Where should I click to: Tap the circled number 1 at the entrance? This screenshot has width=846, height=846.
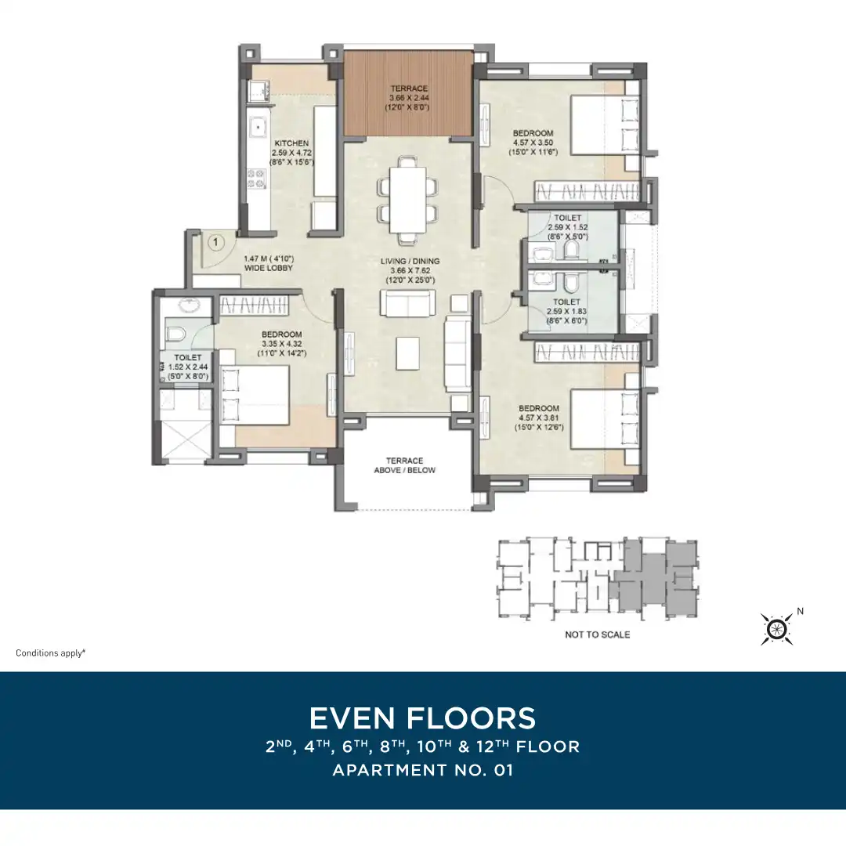[216, 242]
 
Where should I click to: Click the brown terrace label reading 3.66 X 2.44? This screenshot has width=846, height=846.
[409, 98]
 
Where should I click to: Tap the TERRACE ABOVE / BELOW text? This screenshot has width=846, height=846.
[405, 465]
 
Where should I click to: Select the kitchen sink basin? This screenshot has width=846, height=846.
[258, 128]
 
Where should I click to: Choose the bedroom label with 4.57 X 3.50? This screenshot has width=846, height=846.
[533, 143]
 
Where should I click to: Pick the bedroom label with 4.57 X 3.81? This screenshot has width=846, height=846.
[538, 418]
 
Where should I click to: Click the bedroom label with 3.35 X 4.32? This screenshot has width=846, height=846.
[282, 344]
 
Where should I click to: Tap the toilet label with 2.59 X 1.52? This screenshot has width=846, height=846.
[568, 227]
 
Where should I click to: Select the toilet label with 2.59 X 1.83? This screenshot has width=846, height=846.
[566, 311]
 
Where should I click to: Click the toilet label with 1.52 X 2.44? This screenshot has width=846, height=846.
[188, 367]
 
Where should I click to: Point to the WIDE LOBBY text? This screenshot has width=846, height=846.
[268, 268]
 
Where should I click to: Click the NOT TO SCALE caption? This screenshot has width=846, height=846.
[597, 634]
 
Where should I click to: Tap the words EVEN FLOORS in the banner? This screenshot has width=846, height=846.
[422, 718]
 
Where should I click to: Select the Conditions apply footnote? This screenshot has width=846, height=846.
[51, 653]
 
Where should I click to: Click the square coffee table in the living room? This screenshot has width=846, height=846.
[407, 353]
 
